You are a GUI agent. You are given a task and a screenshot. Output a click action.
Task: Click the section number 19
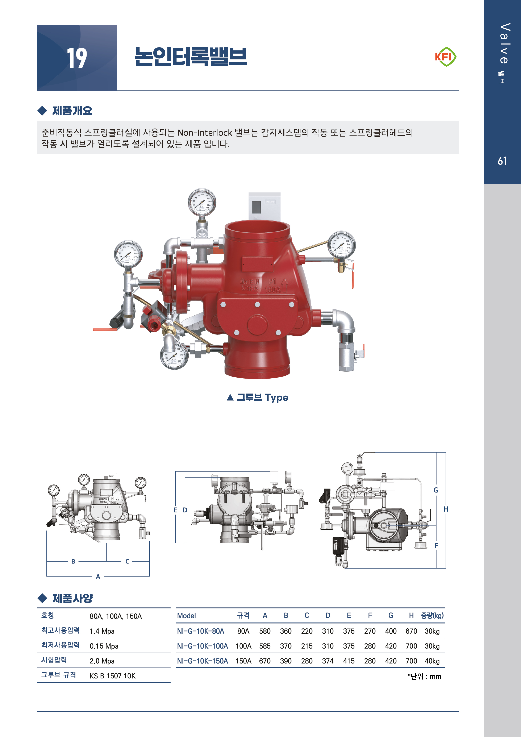[x=77, y=58]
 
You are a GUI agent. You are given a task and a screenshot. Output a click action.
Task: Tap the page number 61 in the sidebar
[x=502, y=161]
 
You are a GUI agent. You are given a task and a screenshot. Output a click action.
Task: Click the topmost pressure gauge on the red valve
[x=202, y=203]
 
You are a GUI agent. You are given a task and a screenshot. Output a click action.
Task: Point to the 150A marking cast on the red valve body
[x=272, y=290]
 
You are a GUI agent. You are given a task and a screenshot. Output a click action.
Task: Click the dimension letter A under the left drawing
[x=98, y=576]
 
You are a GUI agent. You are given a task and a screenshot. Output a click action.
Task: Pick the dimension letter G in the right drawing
[x=436, y=490]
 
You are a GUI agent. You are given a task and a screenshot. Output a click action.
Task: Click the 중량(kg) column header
[x=432, y=615]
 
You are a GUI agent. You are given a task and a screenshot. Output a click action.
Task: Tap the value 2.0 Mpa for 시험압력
[x=102, y=661]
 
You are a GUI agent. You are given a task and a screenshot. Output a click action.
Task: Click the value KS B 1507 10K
[x=112, y=676]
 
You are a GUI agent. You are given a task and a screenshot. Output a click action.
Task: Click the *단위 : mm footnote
[x=424, y=676]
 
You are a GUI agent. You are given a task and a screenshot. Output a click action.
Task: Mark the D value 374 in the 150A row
[x=328, y=661]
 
